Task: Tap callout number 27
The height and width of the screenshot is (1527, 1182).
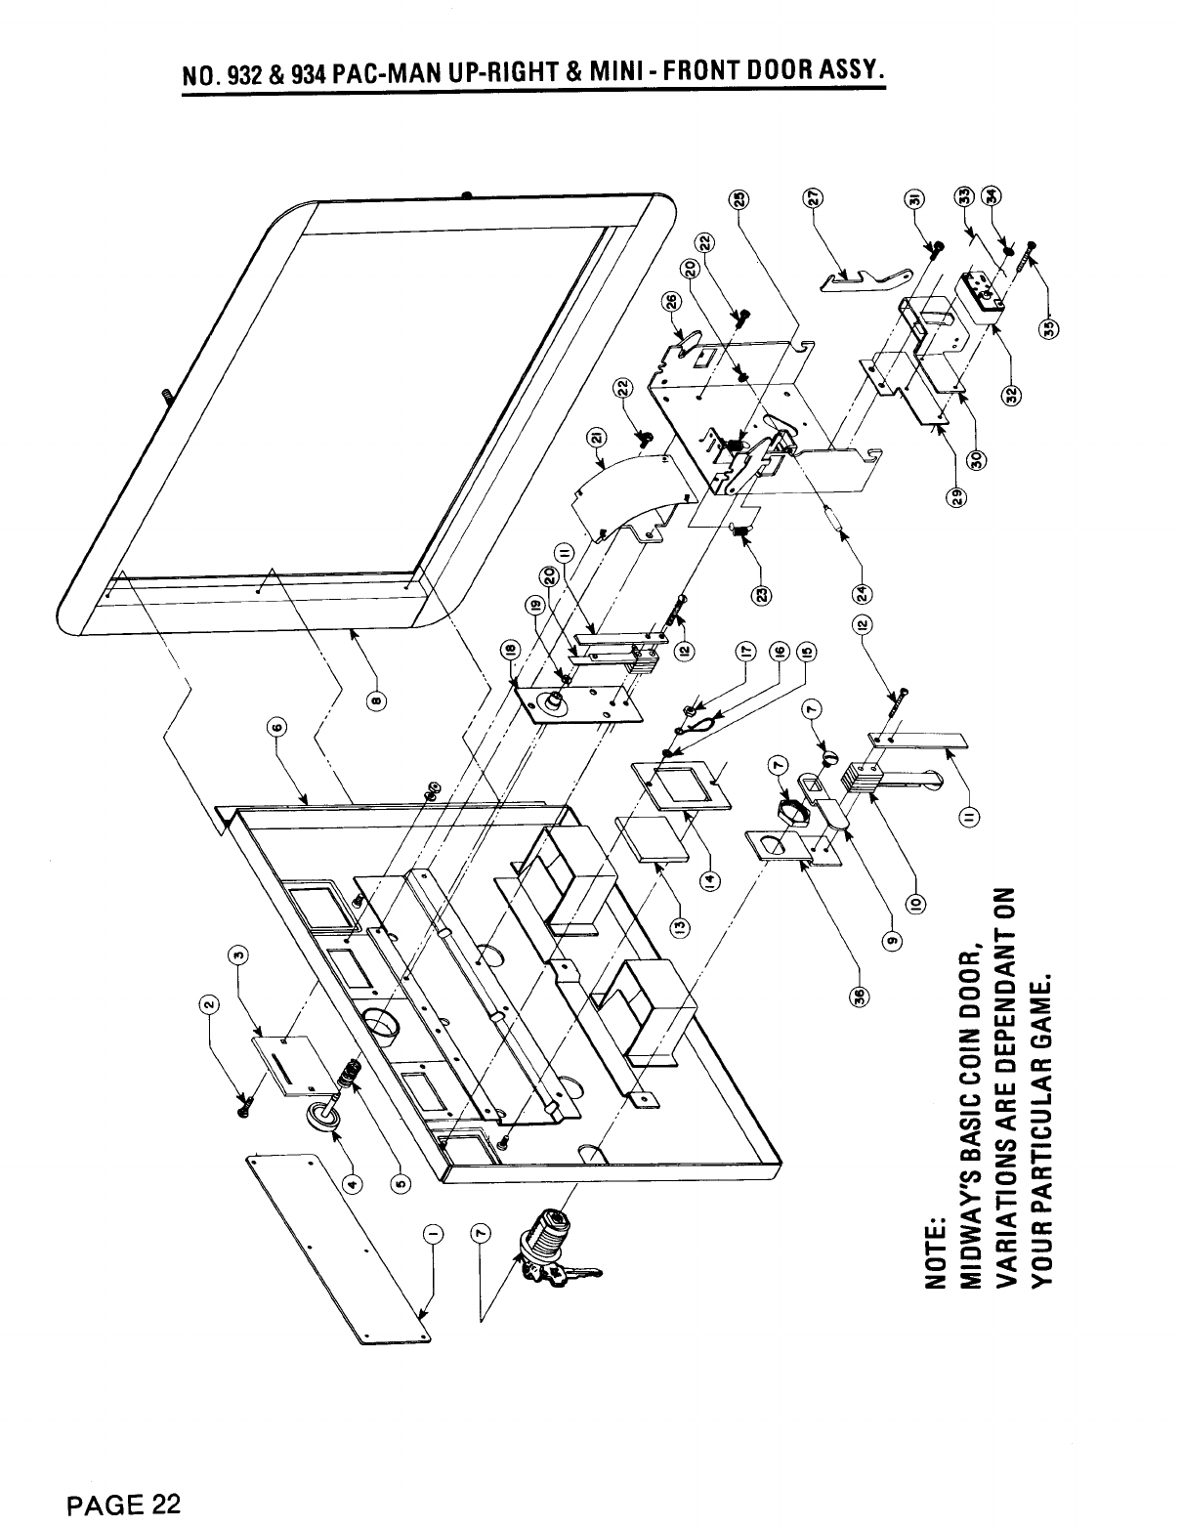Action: click(810, 197)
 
